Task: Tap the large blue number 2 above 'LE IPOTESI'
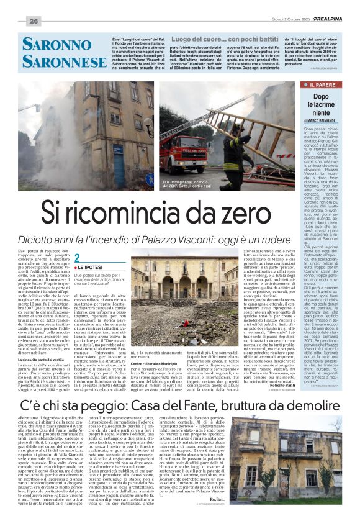click(x=77, y=258)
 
